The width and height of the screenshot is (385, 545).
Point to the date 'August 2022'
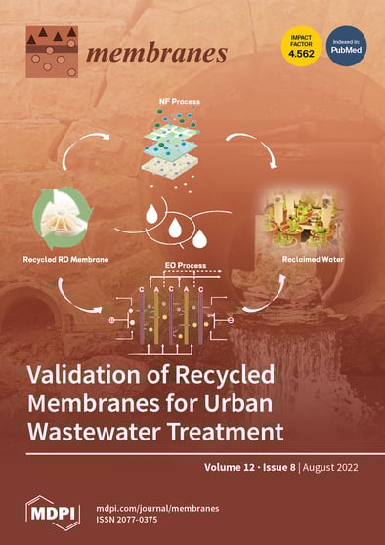click(x=333, y=468)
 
